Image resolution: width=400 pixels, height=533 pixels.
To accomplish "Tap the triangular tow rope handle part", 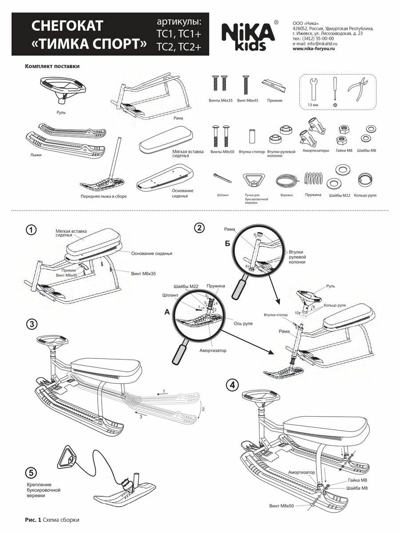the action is pyautogui.click(x=254, y=180).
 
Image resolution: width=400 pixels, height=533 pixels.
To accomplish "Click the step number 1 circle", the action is pyautogui.click(x=31, y=231).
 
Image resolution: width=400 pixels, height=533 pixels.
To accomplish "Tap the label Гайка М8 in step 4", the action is pyautogui.click(x=358, y=481).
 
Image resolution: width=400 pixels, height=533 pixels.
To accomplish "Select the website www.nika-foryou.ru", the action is pyautogui.click(x=313, y=49).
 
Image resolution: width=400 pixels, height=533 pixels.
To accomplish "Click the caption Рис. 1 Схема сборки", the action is pyautogui.click(x=52, y=519).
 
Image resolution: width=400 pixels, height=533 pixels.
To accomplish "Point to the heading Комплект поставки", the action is pyautogui.click(x=52, y=67).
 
